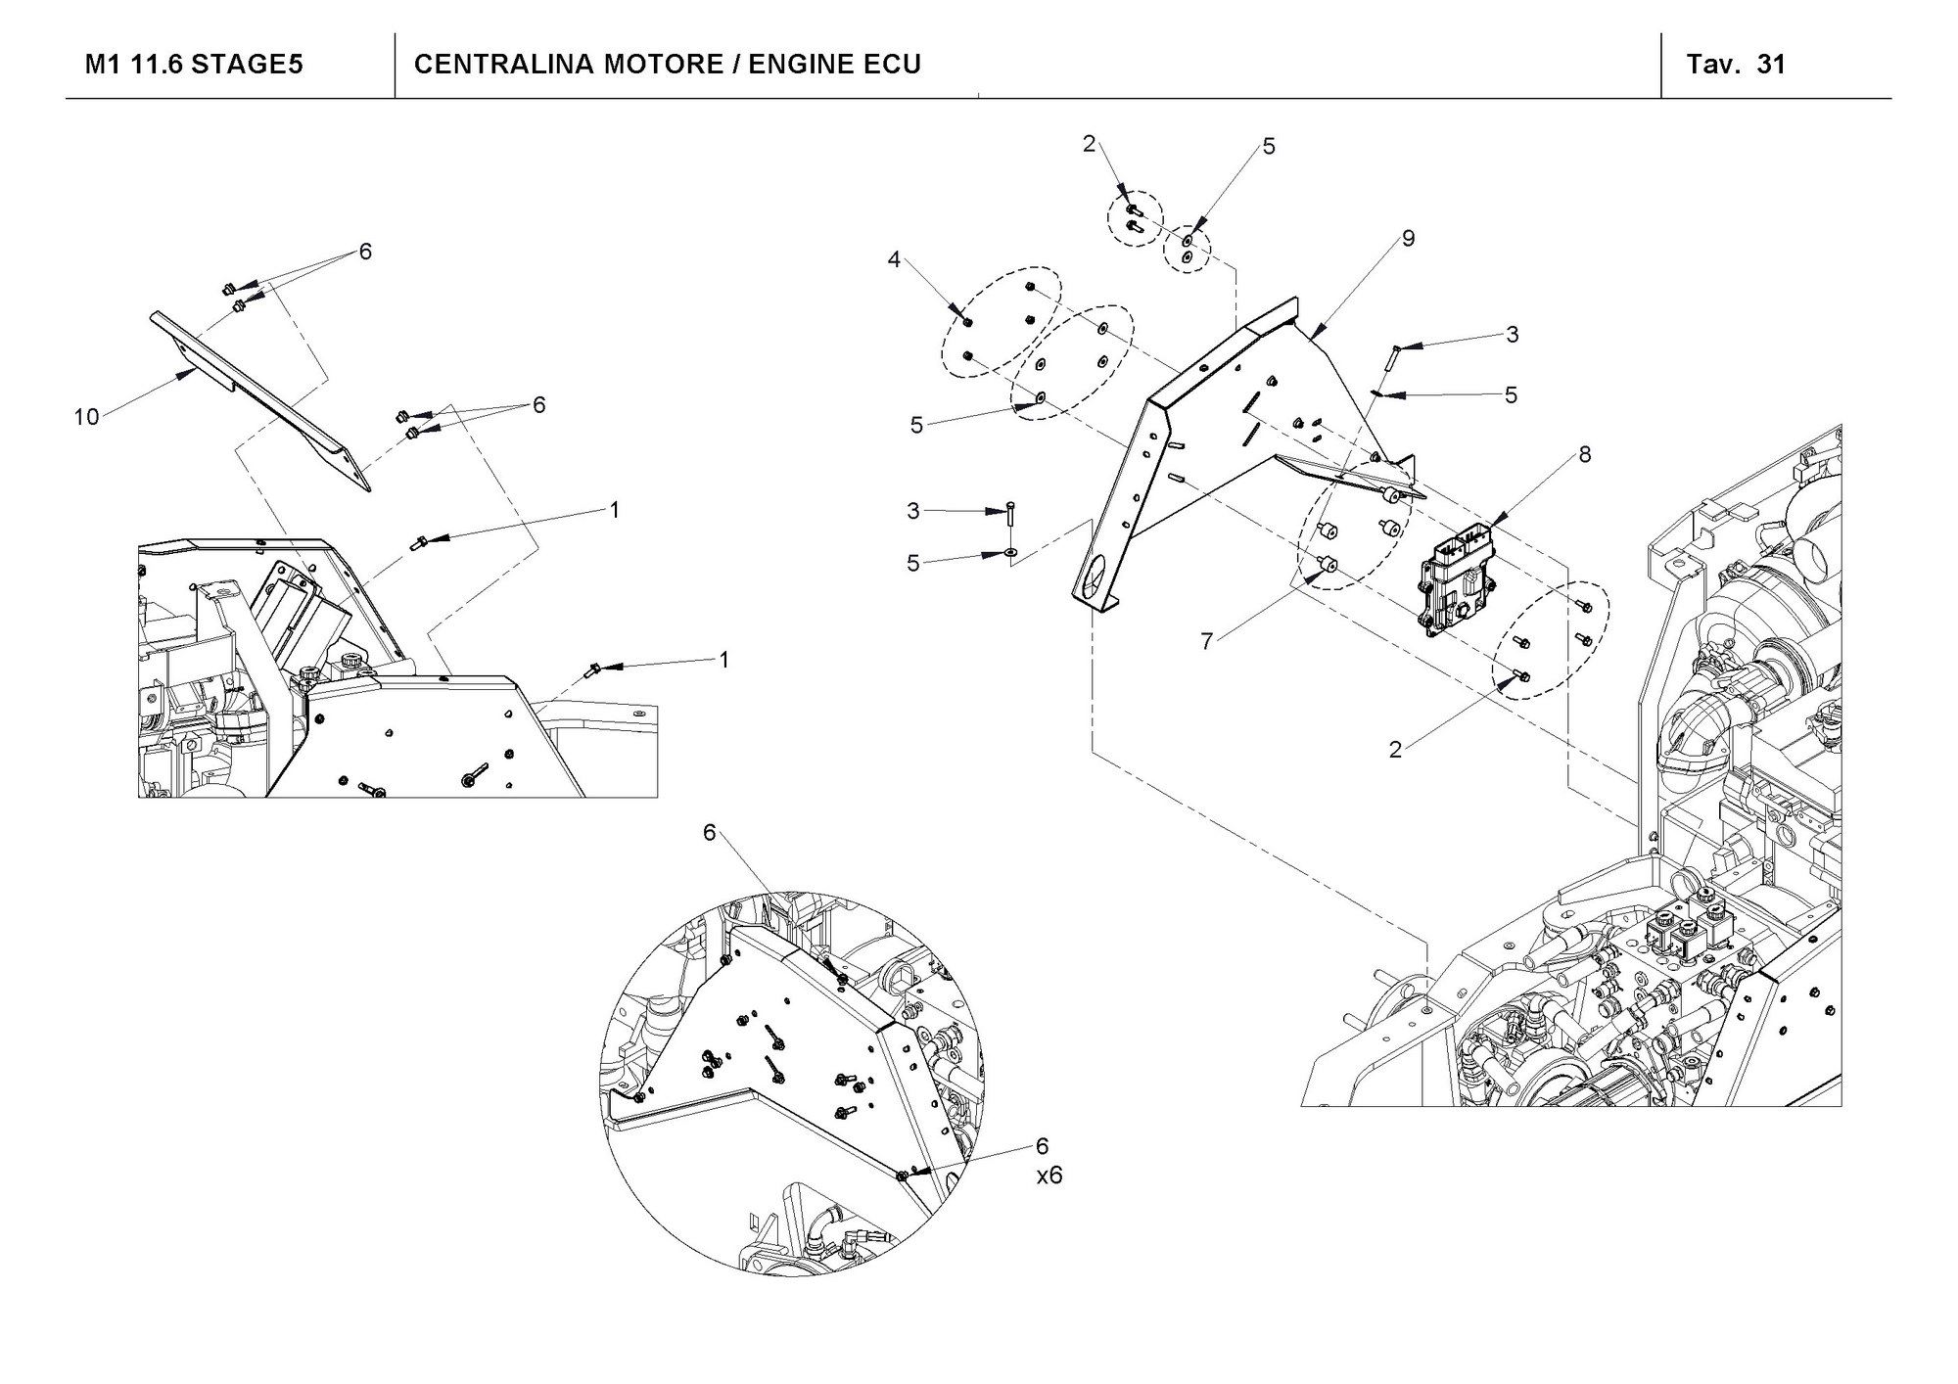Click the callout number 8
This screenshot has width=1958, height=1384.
click(x=1585, y=454)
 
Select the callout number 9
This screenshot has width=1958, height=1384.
click(x=1408, y=238)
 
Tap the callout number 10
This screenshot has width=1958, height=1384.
click(x=86, y=417)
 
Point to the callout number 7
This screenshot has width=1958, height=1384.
click(x=1206, y=641)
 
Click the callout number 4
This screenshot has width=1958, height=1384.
click(x=893, y=259)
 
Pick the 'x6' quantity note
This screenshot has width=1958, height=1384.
click(x=1049, y=1175)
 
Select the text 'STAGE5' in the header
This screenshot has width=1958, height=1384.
click(x=247, y=65)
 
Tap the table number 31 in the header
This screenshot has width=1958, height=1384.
click(x=1772, y=65)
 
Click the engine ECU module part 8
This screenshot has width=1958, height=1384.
click(x=1454, y=581)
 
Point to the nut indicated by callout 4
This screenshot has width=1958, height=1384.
click(x=967, y=322)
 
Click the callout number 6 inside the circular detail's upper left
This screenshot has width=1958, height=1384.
click(x=710, y=832)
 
